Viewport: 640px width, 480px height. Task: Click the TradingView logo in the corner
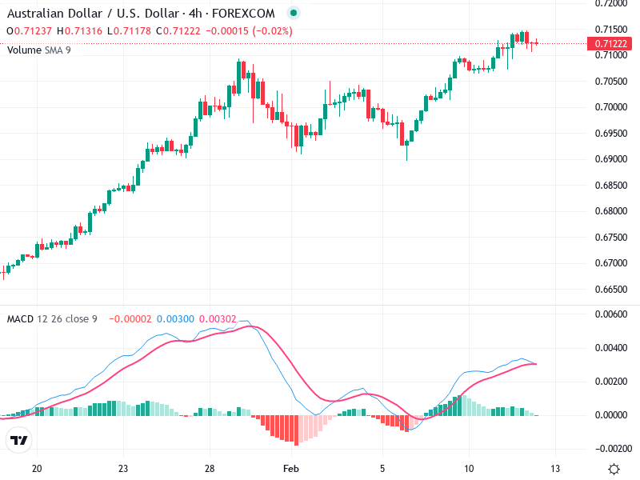coord(19,441)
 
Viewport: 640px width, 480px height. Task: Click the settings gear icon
coord(614,469)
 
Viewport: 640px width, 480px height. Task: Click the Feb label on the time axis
coord(292,468)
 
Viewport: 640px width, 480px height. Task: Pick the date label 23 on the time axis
coord(122,468)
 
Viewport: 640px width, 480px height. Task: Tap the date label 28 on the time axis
coord(209,468)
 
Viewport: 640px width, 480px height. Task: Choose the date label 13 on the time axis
coord(554,468)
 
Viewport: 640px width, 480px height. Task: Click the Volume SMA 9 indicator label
coord(39,50)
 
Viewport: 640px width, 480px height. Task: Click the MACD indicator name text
coord(20,319)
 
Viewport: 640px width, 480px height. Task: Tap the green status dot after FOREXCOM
coord(293,13)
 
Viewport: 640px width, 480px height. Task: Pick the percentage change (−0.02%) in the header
coord(270,31)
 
